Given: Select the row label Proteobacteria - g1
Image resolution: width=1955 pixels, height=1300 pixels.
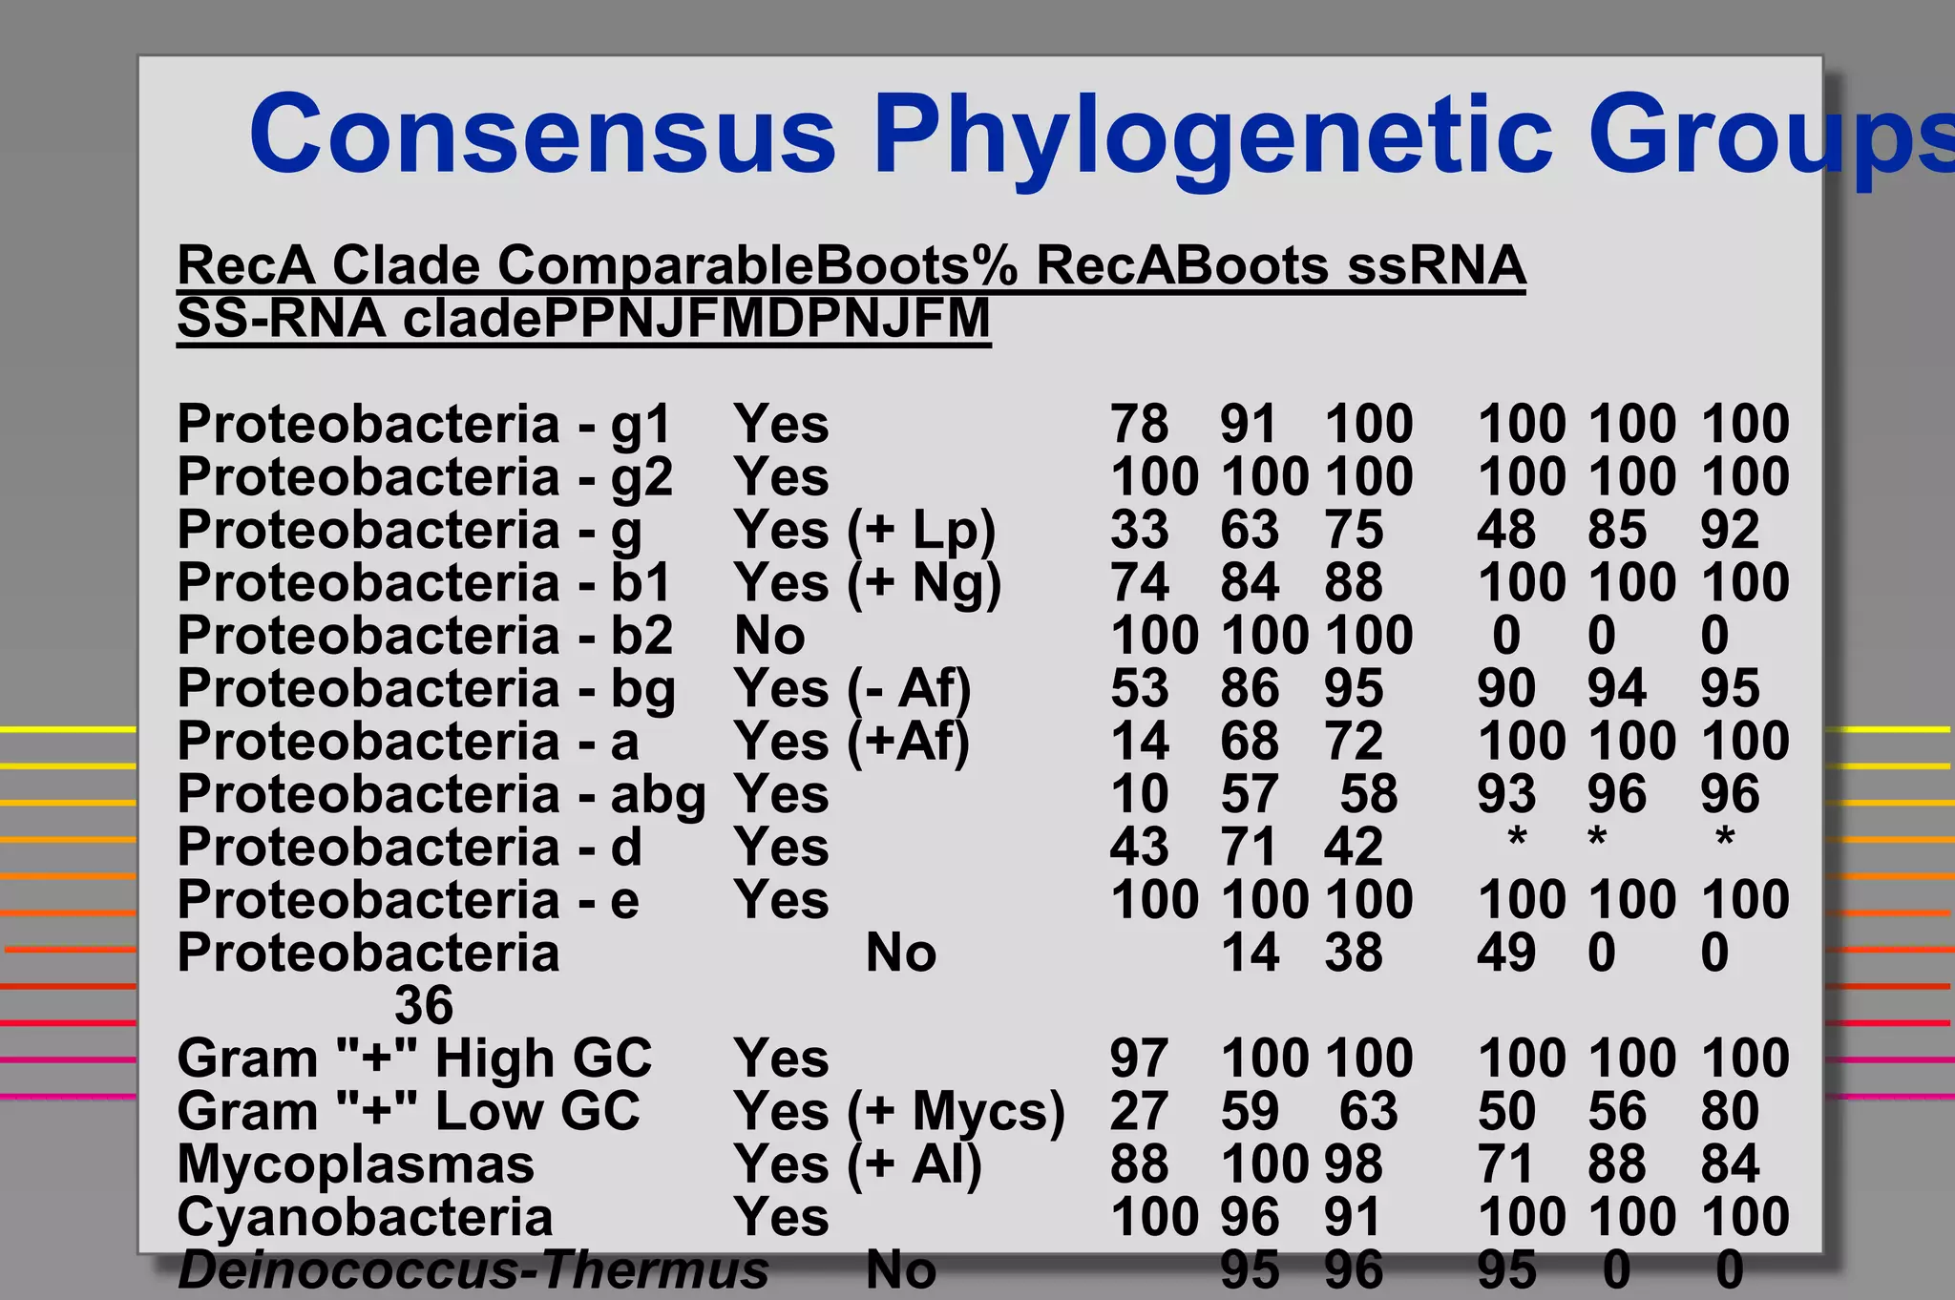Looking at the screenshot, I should coord(425,424).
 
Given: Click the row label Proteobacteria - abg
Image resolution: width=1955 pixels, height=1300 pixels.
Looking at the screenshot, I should coord(441,794).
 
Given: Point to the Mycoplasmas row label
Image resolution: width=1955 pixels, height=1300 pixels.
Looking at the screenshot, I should coord(355,1164).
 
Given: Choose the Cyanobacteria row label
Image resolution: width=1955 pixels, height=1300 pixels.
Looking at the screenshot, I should coord(365,1217).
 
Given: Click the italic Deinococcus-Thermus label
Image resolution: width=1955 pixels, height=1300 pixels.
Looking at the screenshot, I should coord(473,1270).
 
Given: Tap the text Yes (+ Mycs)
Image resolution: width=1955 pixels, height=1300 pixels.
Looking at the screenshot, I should coord(898,1112).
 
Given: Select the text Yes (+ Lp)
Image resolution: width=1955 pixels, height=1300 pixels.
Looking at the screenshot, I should coord(864,530).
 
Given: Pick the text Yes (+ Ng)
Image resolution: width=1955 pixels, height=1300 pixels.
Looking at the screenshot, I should coord(867,583).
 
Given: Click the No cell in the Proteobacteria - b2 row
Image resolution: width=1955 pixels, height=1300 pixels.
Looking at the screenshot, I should coord(769,636).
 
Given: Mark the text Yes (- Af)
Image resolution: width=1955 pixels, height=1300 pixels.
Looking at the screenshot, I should coord(851,689).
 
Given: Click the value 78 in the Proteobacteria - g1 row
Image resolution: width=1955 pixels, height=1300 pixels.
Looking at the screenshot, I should coord(1139,424).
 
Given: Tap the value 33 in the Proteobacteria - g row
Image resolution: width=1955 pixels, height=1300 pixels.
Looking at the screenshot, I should coord(1139,530).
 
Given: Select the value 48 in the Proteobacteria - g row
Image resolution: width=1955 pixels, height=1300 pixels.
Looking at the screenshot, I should coord(1506,530).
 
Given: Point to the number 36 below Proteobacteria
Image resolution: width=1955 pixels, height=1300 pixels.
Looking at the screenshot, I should coord(424,1005).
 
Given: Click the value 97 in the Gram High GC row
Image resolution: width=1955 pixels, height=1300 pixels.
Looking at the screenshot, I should coord(1139,1059).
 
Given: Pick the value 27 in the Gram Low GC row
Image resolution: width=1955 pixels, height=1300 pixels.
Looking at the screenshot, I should coord(1139,1112).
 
